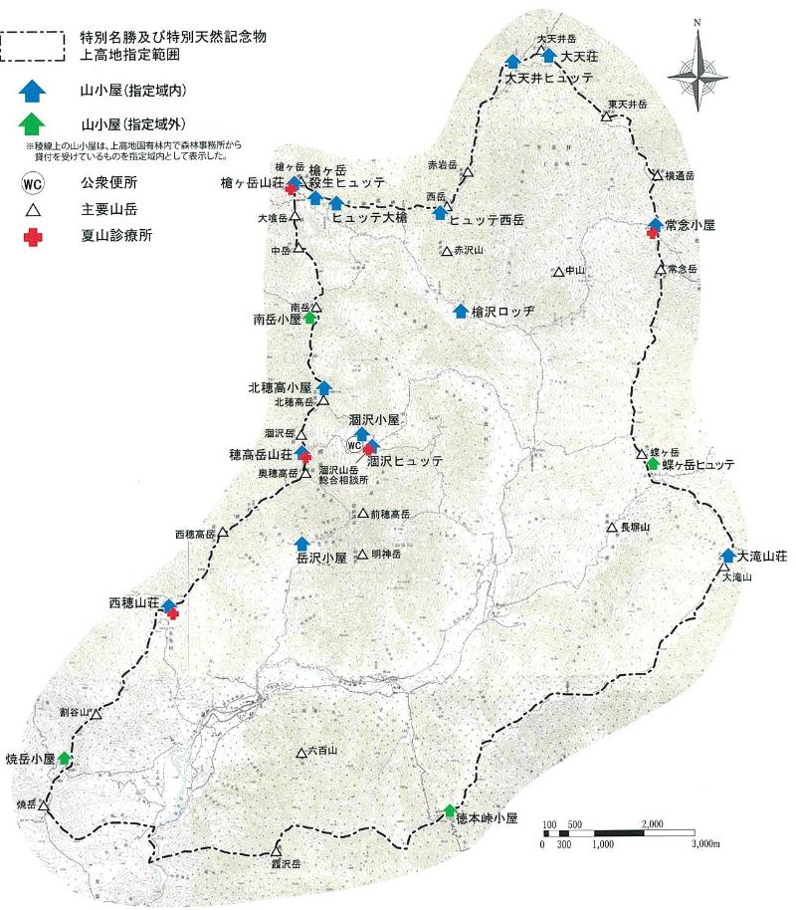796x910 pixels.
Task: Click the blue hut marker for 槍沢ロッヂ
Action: click(x=461, y=311)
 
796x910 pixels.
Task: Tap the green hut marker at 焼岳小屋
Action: click(x=65, y=758)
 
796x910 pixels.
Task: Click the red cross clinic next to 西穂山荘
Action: click(x=174, y=614)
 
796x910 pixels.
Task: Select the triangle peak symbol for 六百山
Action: click(x=300, y=753)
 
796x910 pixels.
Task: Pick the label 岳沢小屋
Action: click(x=321, y=559)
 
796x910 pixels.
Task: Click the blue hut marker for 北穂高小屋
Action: click(x=322, y=387)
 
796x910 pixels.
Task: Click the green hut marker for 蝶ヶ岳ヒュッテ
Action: click(x=653, y=463)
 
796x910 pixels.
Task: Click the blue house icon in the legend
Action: click(x=34, y=92)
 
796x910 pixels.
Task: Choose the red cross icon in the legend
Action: click(x=34, y=236)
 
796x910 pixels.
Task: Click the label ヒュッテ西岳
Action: click(x=487, y=218)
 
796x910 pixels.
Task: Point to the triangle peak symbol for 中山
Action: click(x=557, y=272)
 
